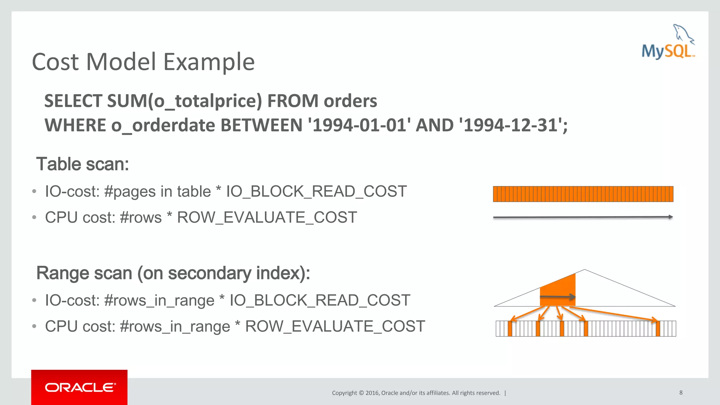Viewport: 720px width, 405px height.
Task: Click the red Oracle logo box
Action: [x=79, y=387]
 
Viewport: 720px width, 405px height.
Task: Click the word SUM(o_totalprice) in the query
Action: [x=185, y=101]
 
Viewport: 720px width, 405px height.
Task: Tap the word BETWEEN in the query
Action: [x=262, y=126]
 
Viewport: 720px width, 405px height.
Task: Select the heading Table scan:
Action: [x=83, y=164]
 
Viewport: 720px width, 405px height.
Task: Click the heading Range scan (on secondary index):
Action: [x=173, y=273]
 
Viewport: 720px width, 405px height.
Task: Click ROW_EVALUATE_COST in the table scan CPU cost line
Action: [x=267, y=217]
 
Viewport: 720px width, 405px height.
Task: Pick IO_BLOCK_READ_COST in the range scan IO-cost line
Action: [x=320, y=300]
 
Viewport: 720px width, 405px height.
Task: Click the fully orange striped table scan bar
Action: [x=583, y=194]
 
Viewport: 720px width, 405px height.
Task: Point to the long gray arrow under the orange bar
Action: [x=583, y=217]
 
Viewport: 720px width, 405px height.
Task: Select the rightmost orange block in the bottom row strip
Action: [x=658, y=329]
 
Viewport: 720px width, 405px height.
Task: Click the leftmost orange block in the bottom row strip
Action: [x=510, y=329]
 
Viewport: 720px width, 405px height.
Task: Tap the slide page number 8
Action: [x=681, y=392]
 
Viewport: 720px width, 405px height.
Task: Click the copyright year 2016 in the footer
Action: [x=372, y=393]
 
